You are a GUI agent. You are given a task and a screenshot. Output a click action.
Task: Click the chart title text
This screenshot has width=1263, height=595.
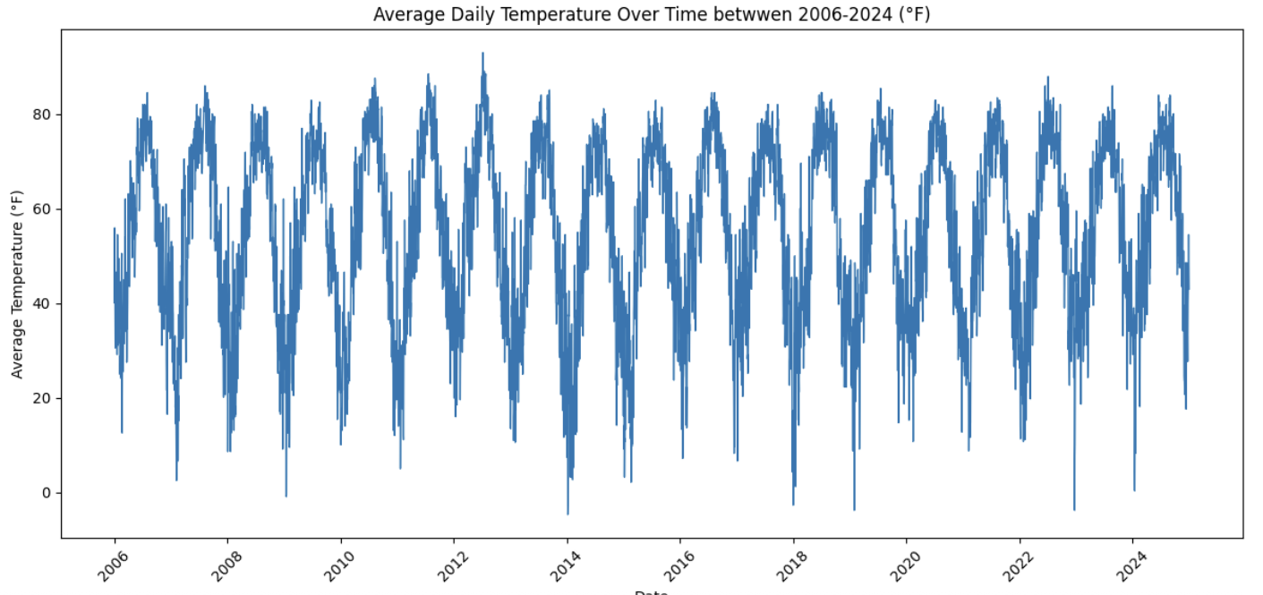point(652,14)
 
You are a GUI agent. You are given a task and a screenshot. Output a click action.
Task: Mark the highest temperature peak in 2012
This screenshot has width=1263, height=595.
point(482,53)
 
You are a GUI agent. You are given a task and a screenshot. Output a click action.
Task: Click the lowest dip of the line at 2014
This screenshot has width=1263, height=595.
point(567,514)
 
